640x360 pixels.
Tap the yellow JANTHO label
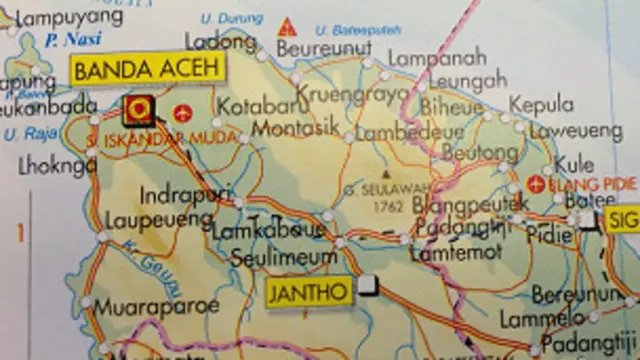pos(309,293)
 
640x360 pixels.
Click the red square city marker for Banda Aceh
pos(140,108)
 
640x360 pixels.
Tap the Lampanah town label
pos(436,58)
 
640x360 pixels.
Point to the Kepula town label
pos(541,105)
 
